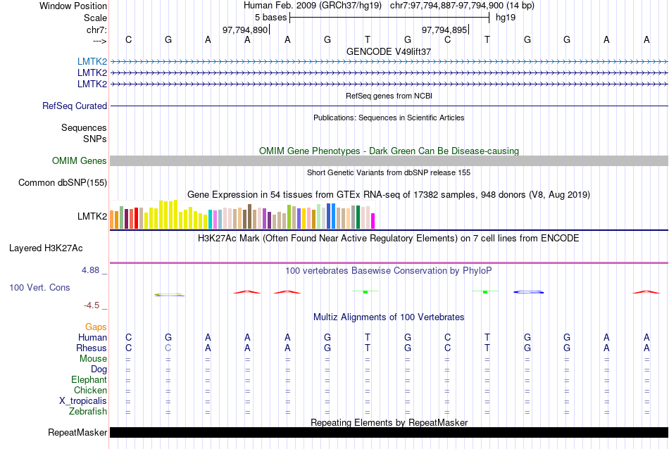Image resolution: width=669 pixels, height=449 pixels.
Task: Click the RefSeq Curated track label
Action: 75,106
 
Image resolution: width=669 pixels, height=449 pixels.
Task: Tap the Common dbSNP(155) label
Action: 63,183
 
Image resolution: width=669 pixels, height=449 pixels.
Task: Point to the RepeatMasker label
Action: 77,432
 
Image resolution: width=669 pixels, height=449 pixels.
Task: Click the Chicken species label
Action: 91,391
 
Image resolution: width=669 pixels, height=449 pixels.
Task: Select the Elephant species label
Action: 89,380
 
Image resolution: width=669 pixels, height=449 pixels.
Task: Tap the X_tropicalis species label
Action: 83,401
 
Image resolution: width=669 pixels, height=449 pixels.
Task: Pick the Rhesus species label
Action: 92,348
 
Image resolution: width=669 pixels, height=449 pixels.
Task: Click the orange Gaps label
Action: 96,327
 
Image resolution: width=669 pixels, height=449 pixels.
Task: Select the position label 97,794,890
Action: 245,30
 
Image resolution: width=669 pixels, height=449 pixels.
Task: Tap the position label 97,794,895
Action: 444,30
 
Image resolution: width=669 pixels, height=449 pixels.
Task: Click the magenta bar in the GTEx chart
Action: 373,221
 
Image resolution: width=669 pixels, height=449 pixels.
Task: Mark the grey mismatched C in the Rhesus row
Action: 168,348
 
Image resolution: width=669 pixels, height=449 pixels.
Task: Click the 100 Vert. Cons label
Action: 40,288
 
